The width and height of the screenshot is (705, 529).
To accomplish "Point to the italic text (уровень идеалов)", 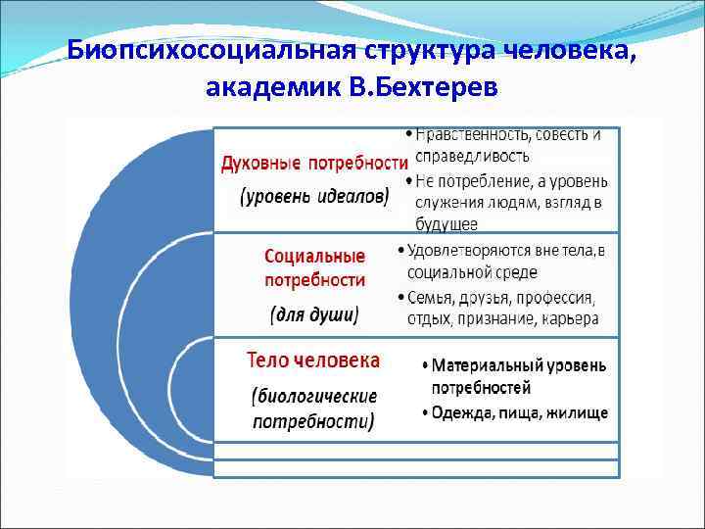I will click(314, 195).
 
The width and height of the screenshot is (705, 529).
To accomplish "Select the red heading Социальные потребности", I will click(315, 267).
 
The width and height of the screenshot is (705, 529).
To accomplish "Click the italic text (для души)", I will click(315, 314).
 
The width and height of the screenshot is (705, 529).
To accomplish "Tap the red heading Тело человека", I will click(313, 361).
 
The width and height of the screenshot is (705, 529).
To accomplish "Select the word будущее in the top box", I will click(446, 222).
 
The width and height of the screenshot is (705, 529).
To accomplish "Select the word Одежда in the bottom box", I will click(459, 412).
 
